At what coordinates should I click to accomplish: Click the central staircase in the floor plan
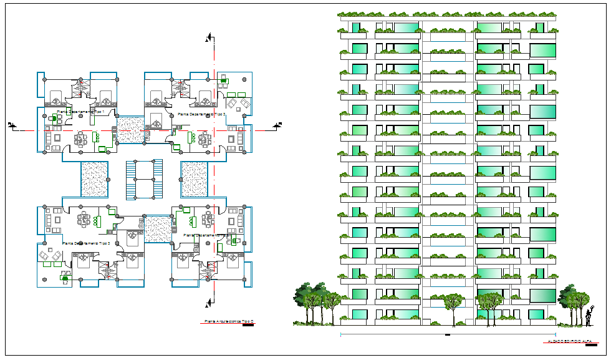[144, 179]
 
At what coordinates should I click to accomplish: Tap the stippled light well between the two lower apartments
[158, 230]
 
